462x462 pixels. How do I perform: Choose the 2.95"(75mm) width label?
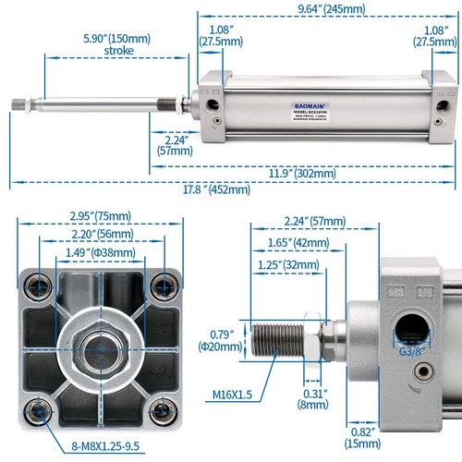coord(100,217)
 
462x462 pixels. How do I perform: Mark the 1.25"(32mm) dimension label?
coord(278,265)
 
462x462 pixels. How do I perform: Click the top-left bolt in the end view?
coord(38,282)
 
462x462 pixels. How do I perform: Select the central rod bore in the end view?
coord(102,346)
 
